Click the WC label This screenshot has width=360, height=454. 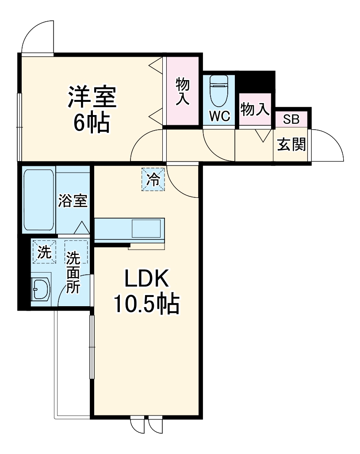(x=219, y=116)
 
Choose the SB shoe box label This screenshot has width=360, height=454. (x=291, y=119)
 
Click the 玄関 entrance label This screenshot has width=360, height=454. (x=291, y=144)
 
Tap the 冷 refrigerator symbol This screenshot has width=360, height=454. (x=153, y=179)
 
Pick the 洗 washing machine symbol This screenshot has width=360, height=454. (x=44, y=252)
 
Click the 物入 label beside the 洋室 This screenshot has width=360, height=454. (x=183, y=92)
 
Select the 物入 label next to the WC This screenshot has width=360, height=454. (x=255, y=109)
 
